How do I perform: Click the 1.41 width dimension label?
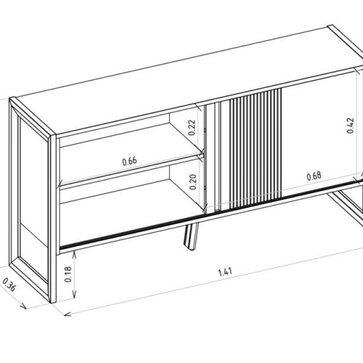tap(225, 272)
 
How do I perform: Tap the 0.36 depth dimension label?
tap(9, 284)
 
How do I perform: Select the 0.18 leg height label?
tap(68, 275)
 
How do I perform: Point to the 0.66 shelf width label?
tap(129, 161)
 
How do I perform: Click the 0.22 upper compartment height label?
tap(192, 127)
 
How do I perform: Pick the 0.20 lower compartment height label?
tap(193, 182)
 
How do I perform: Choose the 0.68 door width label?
tap(314, 176)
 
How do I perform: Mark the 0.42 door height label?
tap(350, 125)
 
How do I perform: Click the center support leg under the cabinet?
tap(191, 236)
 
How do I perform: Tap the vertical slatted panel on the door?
tap(255, 148)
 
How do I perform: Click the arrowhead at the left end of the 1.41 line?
tap(67, 314)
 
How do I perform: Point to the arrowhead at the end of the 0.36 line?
tap(23, 306)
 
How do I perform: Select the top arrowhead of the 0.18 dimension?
tap(75, 254)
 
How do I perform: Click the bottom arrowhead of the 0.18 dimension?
tap(75, 295)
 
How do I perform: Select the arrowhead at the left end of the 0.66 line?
tap(61, 183)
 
